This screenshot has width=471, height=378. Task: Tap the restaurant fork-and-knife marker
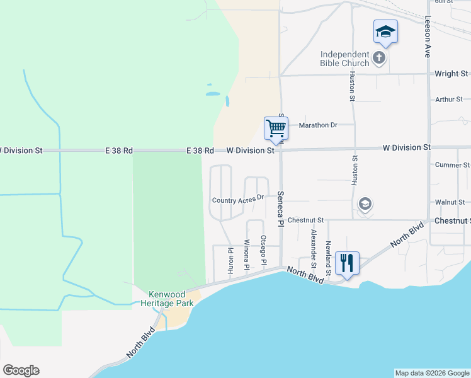347,262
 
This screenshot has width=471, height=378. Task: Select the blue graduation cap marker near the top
385,31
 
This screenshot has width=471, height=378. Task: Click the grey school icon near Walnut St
365,204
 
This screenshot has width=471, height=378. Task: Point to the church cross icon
378,59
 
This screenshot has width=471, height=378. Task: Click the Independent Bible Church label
344,59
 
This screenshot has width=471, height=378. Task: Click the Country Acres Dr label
237,200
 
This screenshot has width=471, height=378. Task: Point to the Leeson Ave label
428,37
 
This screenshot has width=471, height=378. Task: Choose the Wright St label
447,74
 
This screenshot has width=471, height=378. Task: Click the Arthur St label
449,100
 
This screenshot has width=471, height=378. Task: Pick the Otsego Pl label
264,249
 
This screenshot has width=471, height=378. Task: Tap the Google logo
21,370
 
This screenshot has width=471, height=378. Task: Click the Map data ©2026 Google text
431,373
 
